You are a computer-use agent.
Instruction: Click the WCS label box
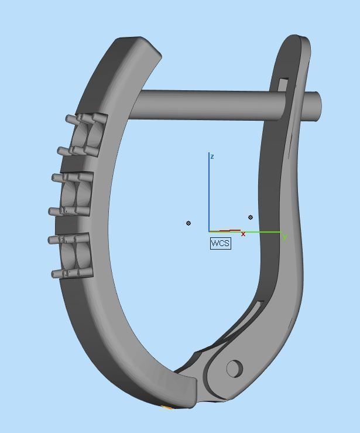(x=221, y=243)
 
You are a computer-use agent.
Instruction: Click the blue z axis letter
(x=212, y=157)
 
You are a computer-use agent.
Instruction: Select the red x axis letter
(x=243, y=234)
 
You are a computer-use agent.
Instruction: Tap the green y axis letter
(x=284, y=237)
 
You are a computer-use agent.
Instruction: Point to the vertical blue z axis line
(x=210, y=193)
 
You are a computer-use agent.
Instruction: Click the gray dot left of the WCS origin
(x=188, y=223)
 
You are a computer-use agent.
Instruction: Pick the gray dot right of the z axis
(x=251, y=217)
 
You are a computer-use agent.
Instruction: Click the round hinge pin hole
(x=234, y=368)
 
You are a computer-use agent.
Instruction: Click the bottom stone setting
(x=76, y=255)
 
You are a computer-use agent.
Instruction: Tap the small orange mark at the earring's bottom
(x=166, y=407)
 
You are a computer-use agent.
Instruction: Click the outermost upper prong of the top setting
(x=70, y=119)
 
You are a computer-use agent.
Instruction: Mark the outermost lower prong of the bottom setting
(x=56, y=274)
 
